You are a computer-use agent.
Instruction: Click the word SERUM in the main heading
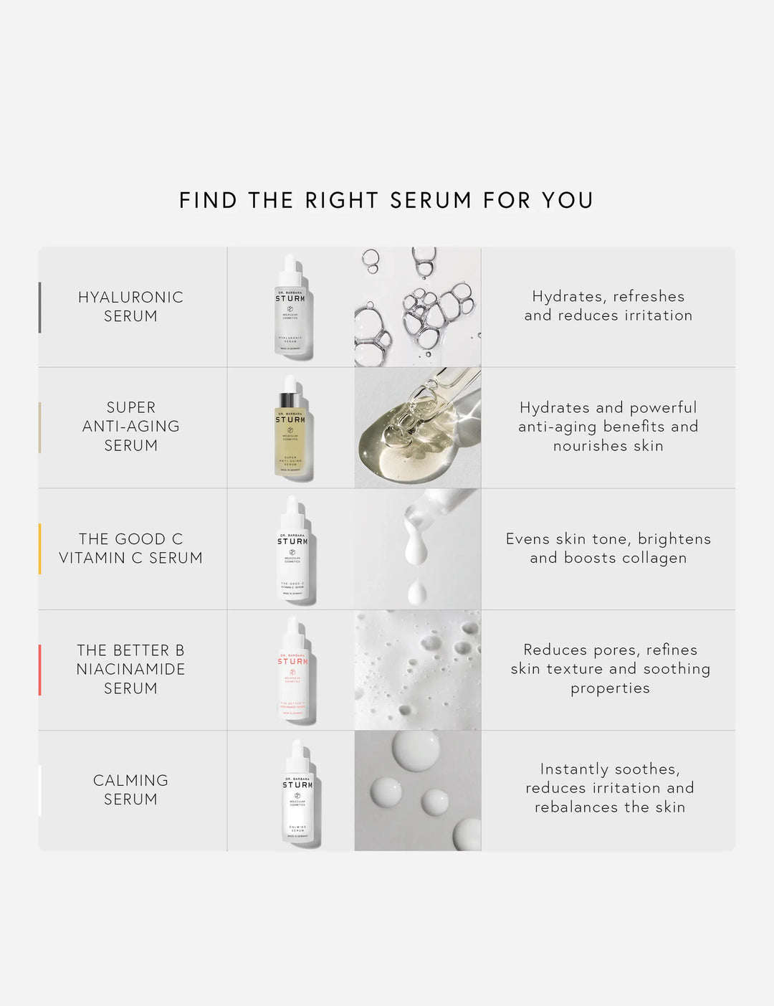point(431,200)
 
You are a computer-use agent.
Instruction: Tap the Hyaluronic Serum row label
point(130,306)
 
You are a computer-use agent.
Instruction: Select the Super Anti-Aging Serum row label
point(130,426)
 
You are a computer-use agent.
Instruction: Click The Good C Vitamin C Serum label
point(130,548)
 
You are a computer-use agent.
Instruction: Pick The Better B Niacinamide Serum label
point(130,668)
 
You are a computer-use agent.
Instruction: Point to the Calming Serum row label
point(130,789)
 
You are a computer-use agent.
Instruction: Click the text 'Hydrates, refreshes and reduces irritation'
point(608,305)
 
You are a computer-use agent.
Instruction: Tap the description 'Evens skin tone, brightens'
point(608,538)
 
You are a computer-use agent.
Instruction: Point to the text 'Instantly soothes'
point(610,769)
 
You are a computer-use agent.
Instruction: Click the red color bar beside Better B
point(39,670)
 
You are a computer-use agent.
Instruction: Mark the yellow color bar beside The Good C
point(39,549)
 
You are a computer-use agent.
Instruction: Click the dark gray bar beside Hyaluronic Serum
point(39,307)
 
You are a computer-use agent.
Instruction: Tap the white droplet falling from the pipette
point(416,592)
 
